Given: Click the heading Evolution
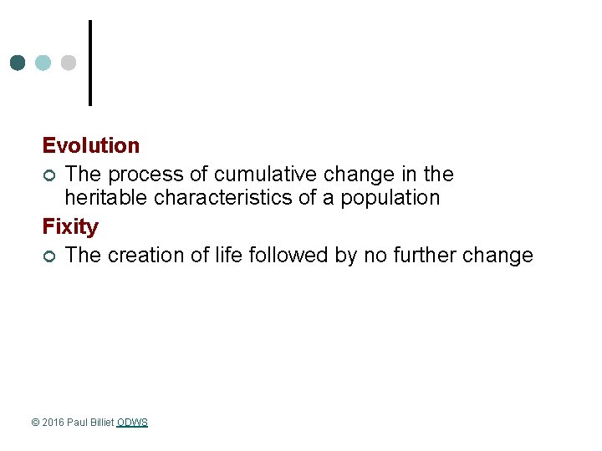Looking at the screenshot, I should coord(91,145).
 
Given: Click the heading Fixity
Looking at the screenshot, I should coord(70,226).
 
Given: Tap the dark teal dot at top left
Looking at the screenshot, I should coord(18,63).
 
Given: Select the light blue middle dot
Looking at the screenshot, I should coord(43,63).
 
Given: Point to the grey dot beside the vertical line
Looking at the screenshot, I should coord(69,63).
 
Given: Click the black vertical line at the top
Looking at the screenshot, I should coord(89,63).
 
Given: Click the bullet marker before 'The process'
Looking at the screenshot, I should coord(50,175).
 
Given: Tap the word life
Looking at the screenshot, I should coord(224,256).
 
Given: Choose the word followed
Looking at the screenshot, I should coord(288,256).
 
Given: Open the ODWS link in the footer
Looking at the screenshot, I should coord(132,423).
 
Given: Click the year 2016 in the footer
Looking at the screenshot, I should coord(53,423).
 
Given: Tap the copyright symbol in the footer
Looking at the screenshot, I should coord(35,423).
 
